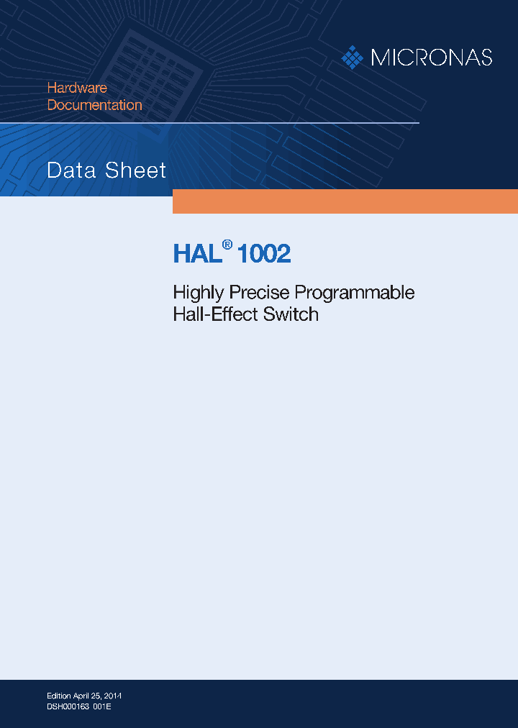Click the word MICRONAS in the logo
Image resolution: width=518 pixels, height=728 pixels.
pos(431,58)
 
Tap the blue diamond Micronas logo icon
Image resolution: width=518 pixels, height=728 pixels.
pos(352,58)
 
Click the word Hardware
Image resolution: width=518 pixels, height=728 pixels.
pos(77,88)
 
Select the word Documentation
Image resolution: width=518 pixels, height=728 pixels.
pos(95,105)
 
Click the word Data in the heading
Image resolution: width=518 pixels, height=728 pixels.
pos(71,170)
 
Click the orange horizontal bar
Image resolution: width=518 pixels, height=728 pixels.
pos(345,201)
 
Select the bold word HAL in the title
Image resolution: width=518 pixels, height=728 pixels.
pos(195,254)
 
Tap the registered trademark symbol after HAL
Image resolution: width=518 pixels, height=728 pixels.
pos(227,245)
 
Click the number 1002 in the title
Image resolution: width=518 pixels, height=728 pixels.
pos(263,254)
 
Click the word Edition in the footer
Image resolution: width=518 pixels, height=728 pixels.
pos(59,696)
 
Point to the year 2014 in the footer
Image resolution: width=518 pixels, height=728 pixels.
pos(112,696)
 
